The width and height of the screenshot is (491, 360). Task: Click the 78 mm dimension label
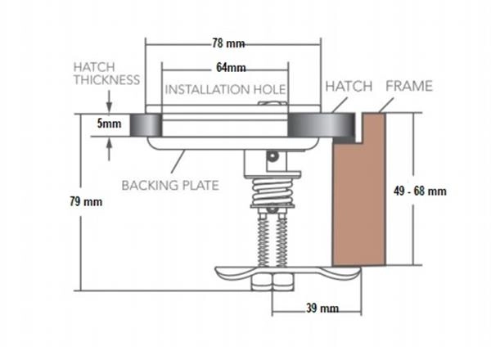pyautogui.click(x=230, y=43)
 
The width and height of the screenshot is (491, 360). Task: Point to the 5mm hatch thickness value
pyautogui.click(x=108, y=125)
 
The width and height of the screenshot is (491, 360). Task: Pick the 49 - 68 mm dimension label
pyautogui.click(x=420, y=191)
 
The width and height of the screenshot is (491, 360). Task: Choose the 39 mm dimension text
pyautogui.click(x=319, y=308)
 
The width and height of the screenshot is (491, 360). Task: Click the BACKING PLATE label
pyautogui.click(x=170, y=186)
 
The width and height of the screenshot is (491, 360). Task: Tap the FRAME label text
pyautogui.click(x=408, y=86)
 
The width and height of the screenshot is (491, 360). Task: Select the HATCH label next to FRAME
pyautogui.click(x=349, y=86)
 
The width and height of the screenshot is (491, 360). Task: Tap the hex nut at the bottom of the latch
pyautogui.click(x=270, y=283)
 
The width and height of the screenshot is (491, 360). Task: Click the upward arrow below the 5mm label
pyautogui.click(x=109, y=147)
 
